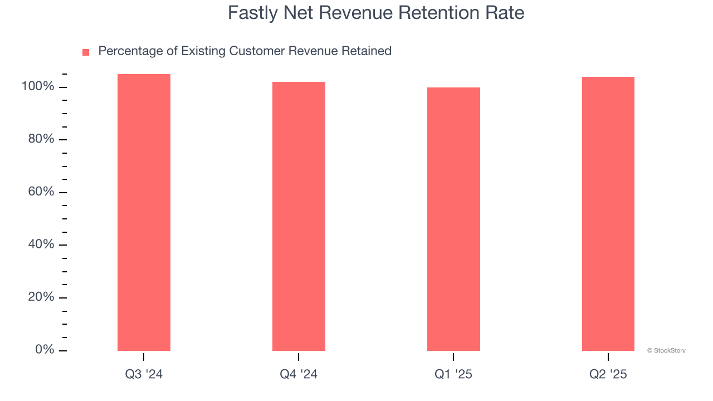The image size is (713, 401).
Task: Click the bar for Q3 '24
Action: (x=144, y=212)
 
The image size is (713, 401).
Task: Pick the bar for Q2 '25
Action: (x=608, y=214)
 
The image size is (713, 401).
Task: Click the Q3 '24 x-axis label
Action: (x=144, y=374)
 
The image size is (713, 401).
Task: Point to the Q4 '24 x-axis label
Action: (x=299, y=374)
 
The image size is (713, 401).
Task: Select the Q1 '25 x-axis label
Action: (x=453, y=374)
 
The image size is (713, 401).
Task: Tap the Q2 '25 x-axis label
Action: (x=608, y=374)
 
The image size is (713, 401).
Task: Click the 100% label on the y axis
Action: (x=38, y=87)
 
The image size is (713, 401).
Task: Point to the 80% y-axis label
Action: (x=41, y=139)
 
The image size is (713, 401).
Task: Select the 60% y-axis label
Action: (x=41, y=192)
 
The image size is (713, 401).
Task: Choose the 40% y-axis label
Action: (x=41, y=244)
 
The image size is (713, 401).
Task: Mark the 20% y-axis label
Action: (x=41, y=297)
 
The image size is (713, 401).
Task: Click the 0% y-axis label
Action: (x=45, y=350)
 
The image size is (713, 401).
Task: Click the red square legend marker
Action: (x=86, y=52)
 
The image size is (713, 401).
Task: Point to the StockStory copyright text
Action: (x=666, y=350)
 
